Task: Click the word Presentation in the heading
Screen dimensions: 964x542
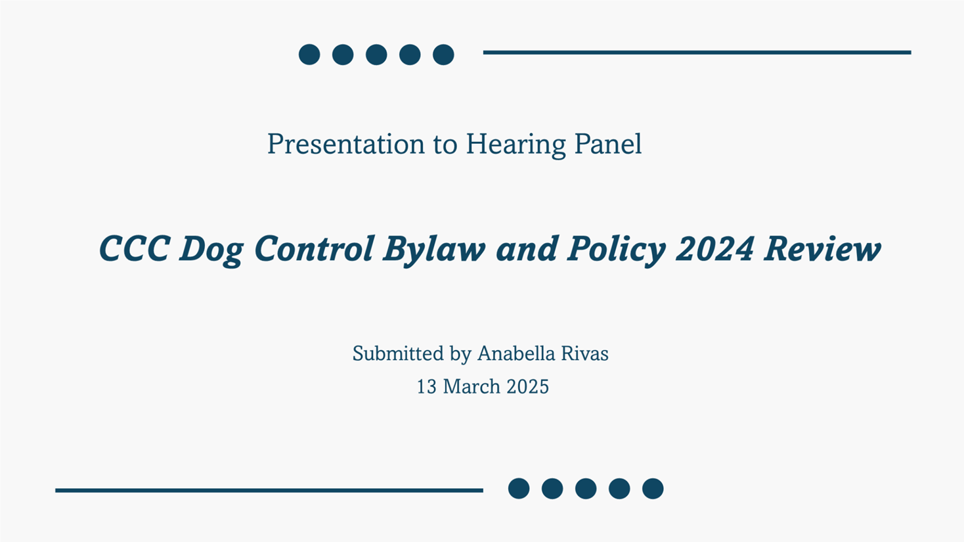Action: [346, 144]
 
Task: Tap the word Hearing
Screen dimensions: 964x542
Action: [515, 145]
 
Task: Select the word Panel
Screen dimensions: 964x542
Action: [608, 144]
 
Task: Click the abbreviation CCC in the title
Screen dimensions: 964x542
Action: [134, 248]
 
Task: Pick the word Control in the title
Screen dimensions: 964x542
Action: [313, 248]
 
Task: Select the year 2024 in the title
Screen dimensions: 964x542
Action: [715, 249]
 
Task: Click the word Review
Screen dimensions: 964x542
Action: [822, 249]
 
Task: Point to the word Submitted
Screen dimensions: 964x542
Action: [398, 353]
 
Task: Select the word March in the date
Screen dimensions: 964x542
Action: [471, 386]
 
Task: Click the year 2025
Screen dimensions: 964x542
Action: [527, 386]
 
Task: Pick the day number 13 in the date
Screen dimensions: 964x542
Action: [426, 386]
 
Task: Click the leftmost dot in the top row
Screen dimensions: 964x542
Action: [309, 55]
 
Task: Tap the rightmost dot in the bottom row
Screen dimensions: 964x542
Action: [653, 489]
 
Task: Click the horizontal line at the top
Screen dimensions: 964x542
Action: [697, 53]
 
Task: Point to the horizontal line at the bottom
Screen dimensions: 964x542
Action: [269, 490]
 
